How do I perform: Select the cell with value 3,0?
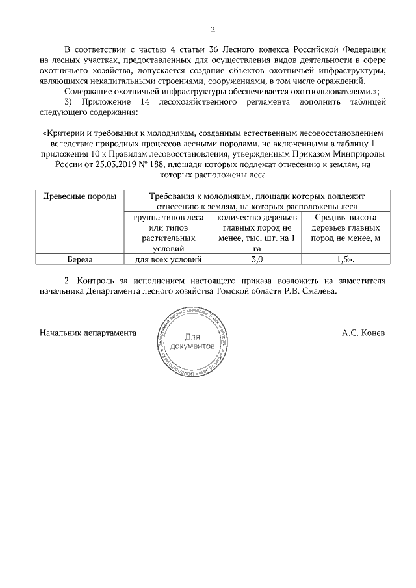point(257,259)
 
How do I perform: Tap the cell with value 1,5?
point(346,259)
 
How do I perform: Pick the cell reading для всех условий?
point(168,259)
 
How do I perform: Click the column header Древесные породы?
point(80,196)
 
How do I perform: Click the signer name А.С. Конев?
point(363,333)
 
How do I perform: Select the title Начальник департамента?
point(88,333)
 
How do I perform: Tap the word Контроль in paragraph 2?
point(98,281)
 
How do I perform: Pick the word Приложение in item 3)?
point(108,102)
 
